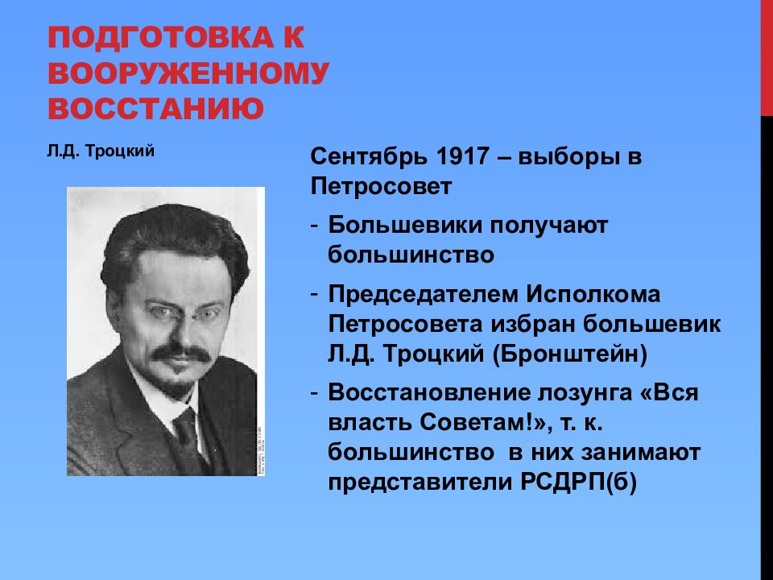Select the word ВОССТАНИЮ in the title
pyautogui.click(x=156, y=108)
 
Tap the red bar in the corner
pyautogui.click(x=767, y=56)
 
